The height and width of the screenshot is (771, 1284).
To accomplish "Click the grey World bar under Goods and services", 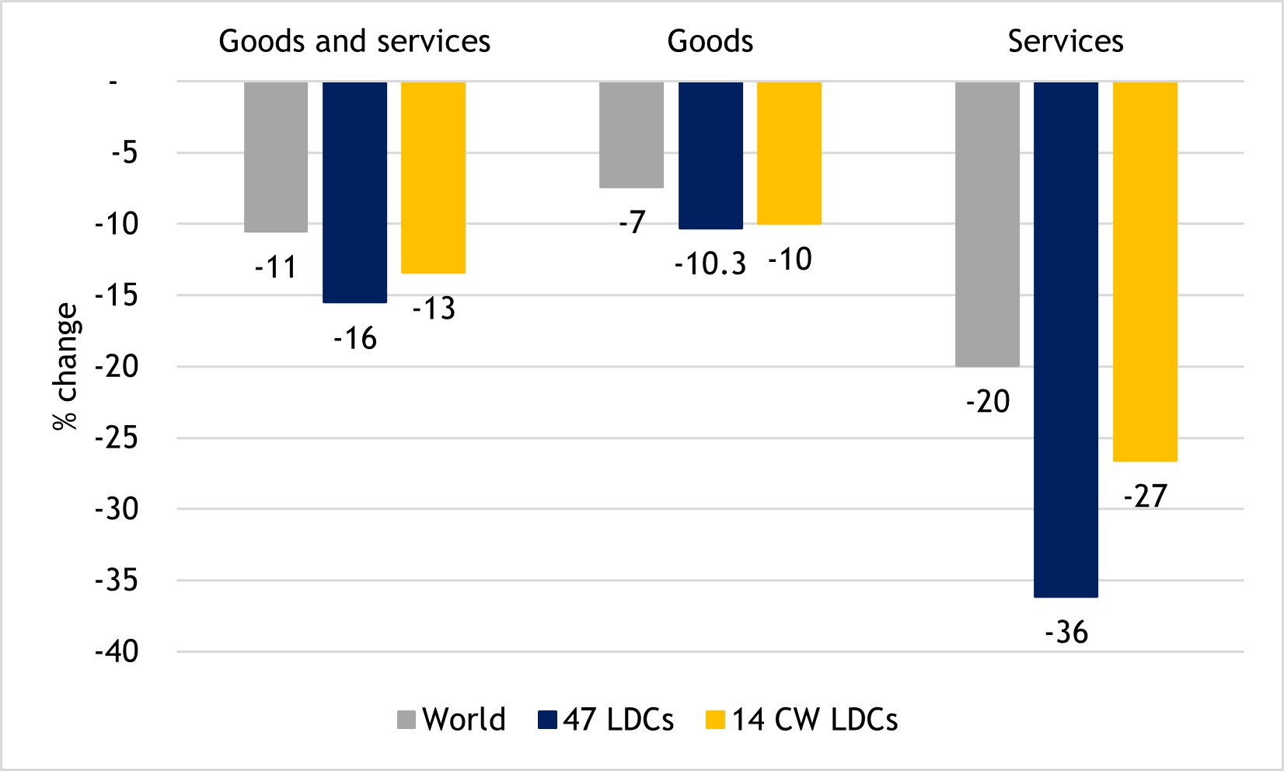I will pyautogui.click(x=276, y=156).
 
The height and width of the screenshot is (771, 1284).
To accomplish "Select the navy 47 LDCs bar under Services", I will pyautogui.click(x=1066, y=339).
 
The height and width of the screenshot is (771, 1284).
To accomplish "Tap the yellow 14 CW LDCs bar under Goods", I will pyautogui.click(x=789, y=153).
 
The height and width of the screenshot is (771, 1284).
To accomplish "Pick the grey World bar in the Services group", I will pyautogui.click(x=987, y=224).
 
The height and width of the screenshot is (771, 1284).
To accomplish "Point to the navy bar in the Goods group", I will pyautogui.click(x=710, y=155).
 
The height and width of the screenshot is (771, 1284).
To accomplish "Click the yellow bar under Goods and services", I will pyautogui.click(x=433, y=177).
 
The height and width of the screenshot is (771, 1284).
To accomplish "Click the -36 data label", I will pyautogui.click(x=1066, y=633).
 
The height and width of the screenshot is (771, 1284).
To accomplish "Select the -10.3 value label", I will pyautogui.click(x=710, y=264).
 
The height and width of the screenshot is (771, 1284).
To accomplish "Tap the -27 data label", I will pyautogui.click(x=1146, y=496).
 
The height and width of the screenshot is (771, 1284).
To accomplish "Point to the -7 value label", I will pyautogui.click(x=633, y=223).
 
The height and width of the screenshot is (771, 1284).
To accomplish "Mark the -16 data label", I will pyautogui.click(x=355, y=339).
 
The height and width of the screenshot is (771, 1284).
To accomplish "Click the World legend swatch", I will pyautogui.click(x=406, y=720).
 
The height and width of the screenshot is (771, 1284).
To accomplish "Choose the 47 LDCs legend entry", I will pyautogui.click(x=605, y=720).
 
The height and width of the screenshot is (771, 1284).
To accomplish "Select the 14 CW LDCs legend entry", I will pyautogui.click(x=801, y=720).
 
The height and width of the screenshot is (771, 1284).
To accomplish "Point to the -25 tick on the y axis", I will pyautogui.click(x=117, y=438).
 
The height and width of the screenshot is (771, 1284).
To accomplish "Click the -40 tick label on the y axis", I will pyautogui.click(x=117, y=652).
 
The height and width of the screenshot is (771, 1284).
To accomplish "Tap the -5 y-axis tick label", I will pyautogui.click(x=124, y=153).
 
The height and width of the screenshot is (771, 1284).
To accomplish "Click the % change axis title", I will pyautogui.click(x=66, y=366).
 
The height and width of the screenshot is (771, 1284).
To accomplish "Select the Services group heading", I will pyautogui.click(x=1066, y=41).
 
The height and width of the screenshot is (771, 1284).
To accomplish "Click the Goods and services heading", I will pyautogui.click(x=354, y=41).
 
